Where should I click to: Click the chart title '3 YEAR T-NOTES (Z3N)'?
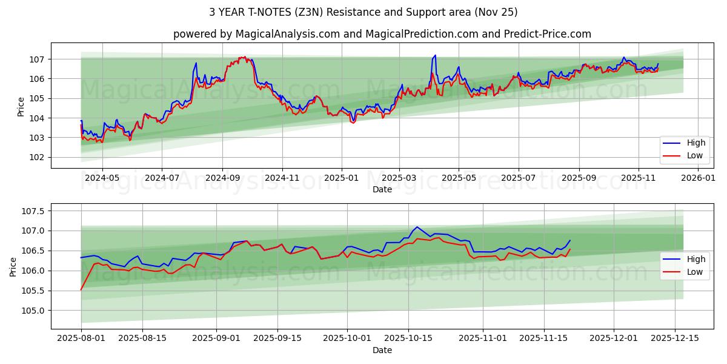(363, 12)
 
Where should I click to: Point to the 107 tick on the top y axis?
(37, 59)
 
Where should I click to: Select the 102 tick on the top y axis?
(37, 157)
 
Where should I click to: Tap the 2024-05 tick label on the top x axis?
(102, 178)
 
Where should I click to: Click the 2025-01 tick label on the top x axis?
(342, 178)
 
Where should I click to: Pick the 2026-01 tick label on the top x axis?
(698, 178)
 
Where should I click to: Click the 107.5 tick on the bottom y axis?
(33, 211)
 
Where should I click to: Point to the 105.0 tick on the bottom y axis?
(33, 311)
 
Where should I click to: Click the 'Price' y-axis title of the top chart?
(21, 107)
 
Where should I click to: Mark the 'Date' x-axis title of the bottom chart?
(382, 350)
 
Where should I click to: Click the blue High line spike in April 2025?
(434, 56)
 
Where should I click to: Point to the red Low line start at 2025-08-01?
(81, 290)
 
